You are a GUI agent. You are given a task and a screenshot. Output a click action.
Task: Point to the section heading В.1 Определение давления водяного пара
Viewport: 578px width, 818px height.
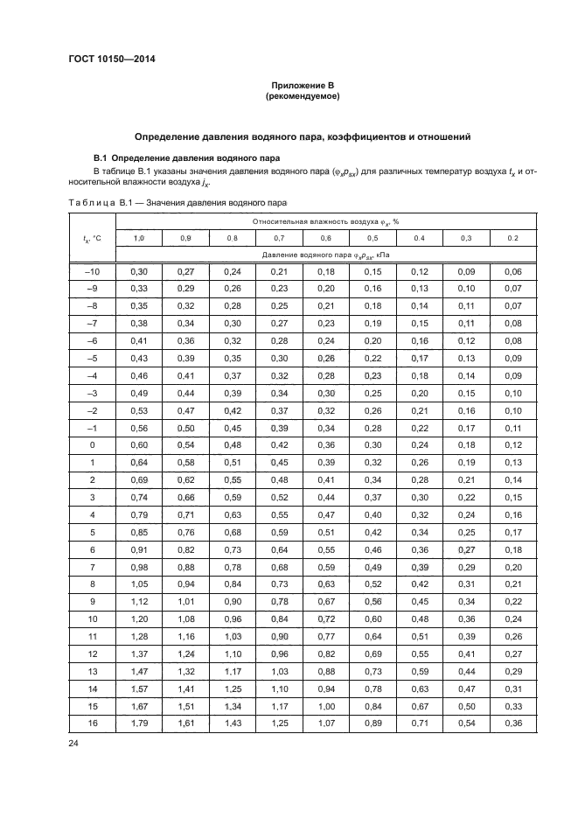[187, 158]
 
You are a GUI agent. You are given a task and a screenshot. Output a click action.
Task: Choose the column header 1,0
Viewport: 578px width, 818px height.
[139, 238]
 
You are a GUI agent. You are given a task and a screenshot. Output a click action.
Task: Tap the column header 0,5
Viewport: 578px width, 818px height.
[372, 238]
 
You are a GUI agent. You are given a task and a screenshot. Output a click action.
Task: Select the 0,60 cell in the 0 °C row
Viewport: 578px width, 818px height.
[139, 444]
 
